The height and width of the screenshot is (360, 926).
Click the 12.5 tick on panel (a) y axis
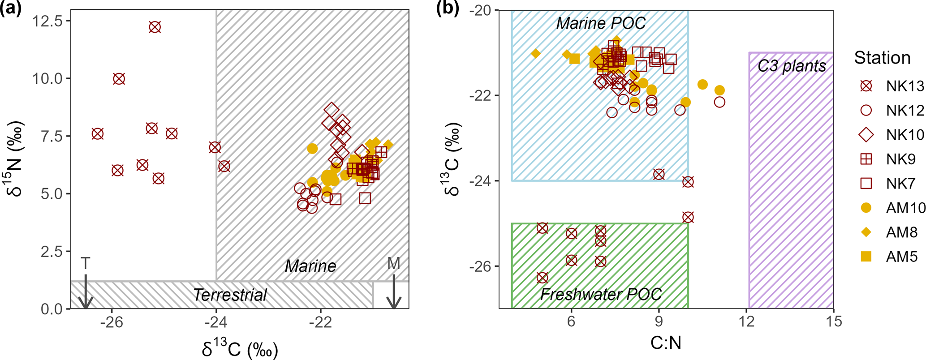[48, 21]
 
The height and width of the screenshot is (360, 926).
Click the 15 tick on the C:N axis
[833, 321]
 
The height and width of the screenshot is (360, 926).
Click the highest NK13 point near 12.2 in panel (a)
[155, 27]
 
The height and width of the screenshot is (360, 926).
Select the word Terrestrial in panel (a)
[230, 295]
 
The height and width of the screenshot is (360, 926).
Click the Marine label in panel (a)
[310, 266]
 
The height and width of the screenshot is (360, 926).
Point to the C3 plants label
[792, 66]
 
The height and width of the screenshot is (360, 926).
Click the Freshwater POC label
[600, 294]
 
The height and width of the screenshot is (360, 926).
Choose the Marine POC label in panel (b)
[601, 23]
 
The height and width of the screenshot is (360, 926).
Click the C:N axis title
[666, 343]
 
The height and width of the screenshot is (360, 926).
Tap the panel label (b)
[448, 9]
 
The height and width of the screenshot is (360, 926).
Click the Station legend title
[882, 58]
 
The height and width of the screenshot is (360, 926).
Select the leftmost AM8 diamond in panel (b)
[535, 54]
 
